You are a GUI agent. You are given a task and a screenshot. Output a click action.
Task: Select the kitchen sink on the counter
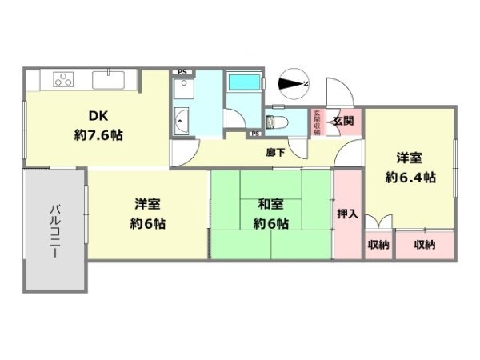tap(106, 79)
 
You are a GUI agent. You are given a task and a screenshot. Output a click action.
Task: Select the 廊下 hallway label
tap(275, 152)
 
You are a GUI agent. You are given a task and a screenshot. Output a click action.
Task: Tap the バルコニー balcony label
tap(55, 230)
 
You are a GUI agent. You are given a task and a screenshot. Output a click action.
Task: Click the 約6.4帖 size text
tap(410, 178)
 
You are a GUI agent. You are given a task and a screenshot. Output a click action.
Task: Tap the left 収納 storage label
tap(378, 244)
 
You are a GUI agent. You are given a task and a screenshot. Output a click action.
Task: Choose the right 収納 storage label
tap(425, 244)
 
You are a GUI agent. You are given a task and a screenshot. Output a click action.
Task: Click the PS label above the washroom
tap(182, 72)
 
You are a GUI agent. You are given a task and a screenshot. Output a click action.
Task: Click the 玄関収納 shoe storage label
tap(318, 122)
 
